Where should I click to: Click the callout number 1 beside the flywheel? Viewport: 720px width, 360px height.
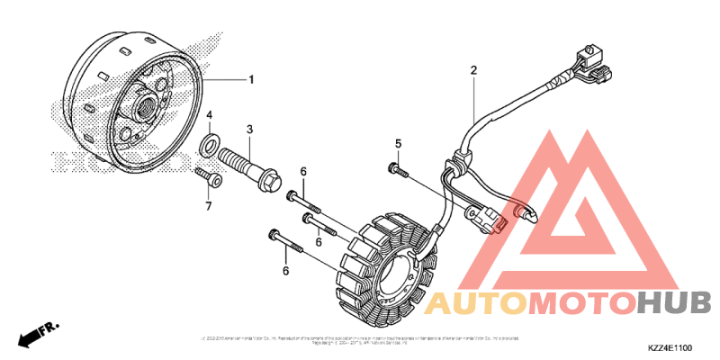coord(251,79)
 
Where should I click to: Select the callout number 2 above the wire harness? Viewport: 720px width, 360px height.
coord(472,69)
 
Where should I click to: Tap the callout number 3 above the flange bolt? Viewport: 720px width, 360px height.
coord(250,130)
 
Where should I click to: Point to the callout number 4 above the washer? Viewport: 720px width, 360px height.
coord(209,116)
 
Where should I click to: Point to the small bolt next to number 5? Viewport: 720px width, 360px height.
coord(396,168)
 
